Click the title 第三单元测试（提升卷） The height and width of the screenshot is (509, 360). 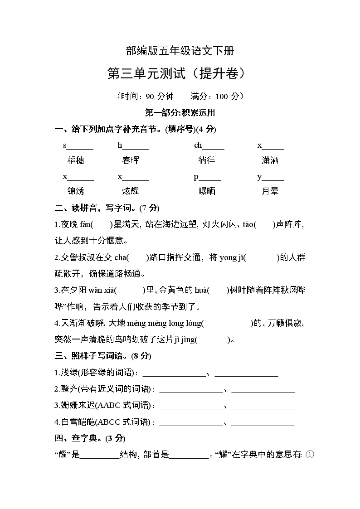(x=180, y=73)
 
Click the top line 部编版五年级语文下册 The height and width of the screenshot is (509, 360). (x=180, y=51)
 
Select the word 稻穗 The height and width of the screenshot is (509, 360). (x=75, y=160)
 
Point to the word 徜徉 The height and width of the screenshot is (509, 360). (x=207, y=160)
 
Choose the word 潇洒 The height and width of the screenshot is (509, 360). (x=270, y=160)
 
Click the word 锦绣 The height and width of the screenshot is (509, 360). (x=75, y=191)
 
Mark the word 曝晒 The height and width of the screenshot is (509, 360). (x=207, y=191)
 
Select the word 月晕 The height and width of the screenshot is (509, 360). (x=270, y=191)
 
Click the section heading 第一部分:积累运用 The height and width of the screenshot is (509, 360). (x=180, y=112)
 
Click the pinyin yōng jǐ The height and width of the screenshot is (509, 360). (x=233, y=257)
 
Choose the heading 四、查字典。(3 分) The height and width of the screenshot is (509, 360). (x=90, y=438)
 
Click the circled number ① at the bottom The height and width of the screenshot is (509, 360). (x=310, y=455)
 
